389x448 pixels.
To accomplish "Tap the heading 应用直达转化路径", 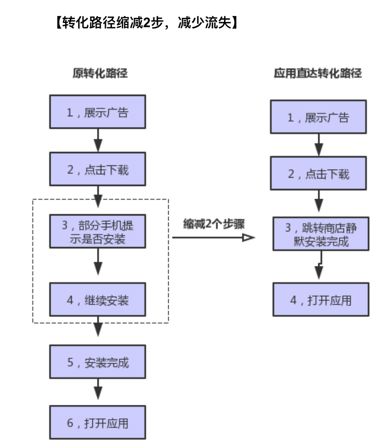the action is click(x=318, y=73).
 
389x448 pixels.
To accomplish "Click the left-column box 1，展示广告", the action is click(x=98, y=112).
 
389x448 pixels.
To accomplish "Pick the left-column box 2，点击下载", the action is click(x=98, y=169).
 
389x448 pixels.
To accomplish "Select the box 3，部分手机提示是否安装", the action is click(x=98, y=231).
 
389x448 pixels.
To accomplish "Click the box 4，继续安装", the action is click(x=98, y=299).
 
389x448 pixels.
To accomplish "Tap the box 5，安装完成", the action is click(x=98, y=362).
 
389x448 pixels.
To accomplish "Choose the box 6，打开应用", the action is click(x=98, y=423).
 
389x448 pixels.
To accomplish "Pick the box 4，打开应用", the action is click(x=321, y=299).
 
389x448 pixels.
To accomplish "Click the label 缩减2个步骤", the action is click(x=214, y=223).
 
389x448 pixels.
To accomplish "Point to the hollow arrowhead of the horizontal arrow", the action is click(x=248, y=238).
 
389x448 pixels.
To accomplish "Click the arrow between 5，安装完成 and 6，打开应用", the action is click(x=98, y=390).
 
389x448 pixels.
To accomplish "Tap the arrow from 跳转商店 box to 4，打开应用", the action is click(x=319, y=268).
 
